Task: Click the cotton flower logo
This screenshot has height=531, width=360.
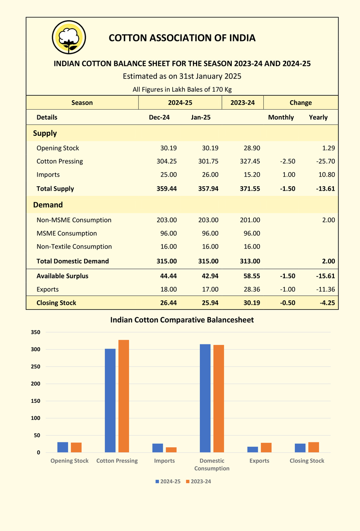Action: (x=69, y=37)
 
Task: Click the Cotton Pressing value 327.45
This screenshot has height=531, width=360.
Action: (x=250, y=161)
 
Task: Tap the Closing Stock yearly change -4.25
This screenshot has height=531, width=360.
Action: (x=327, y=303)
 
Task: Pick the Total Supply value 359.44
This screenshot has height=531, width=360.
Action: (x=166, y=189)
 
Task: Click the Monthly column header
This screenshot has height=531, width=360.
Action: (x=281, y=117)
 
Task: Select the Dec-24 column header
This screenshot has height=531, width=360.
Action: (x=159, y=117)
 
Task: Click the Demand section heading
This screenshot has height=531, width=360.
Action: (x=48, y=205)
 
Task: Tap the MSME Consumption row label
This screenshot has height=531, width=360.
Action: (x=67, y=233)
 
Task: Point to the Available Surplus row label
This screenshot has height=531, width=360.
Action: (x=63, y=276)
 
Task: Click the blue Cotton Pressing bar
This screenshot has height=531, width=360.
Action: (x=110, y=401)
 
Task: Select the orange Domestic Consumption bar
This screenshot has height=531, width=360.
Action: (x=219, y=399)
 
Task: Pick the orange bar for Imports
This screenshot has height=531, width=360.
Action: (x=171, y=450)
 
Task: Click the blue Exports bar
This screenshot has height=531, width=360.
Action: (x=252, y=449)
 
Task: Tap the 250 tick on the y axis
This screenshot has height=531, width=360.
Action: (x=36, y=366)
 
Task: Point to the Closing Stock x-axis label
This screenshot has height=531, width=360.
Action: (x=307, y=461)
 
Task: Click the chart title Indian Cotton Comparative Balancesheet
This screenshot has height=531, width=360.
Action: (x=182, y=320)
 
